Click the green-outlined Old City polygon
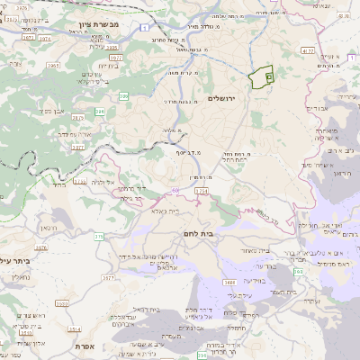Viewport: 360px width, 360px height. tap(262, 77)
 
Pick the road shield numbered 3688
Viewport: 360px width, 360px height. tap(229, 283)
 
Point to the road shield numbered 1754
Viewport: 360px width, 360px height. tap(201, 192)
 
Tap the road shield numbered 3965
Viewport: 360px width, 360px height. tap(53, 66)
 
